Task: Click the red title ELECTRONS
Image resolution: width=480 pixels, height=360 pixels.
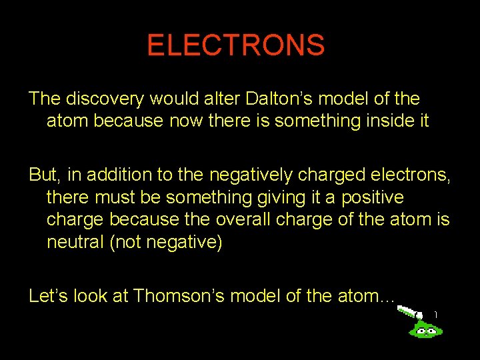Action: coord(236,46)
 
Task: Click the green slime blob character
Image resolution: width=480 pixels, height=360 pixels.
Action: coord(425,327)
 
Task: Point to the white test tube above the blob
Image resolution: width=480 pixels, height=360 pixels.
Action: coord(407,311)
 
